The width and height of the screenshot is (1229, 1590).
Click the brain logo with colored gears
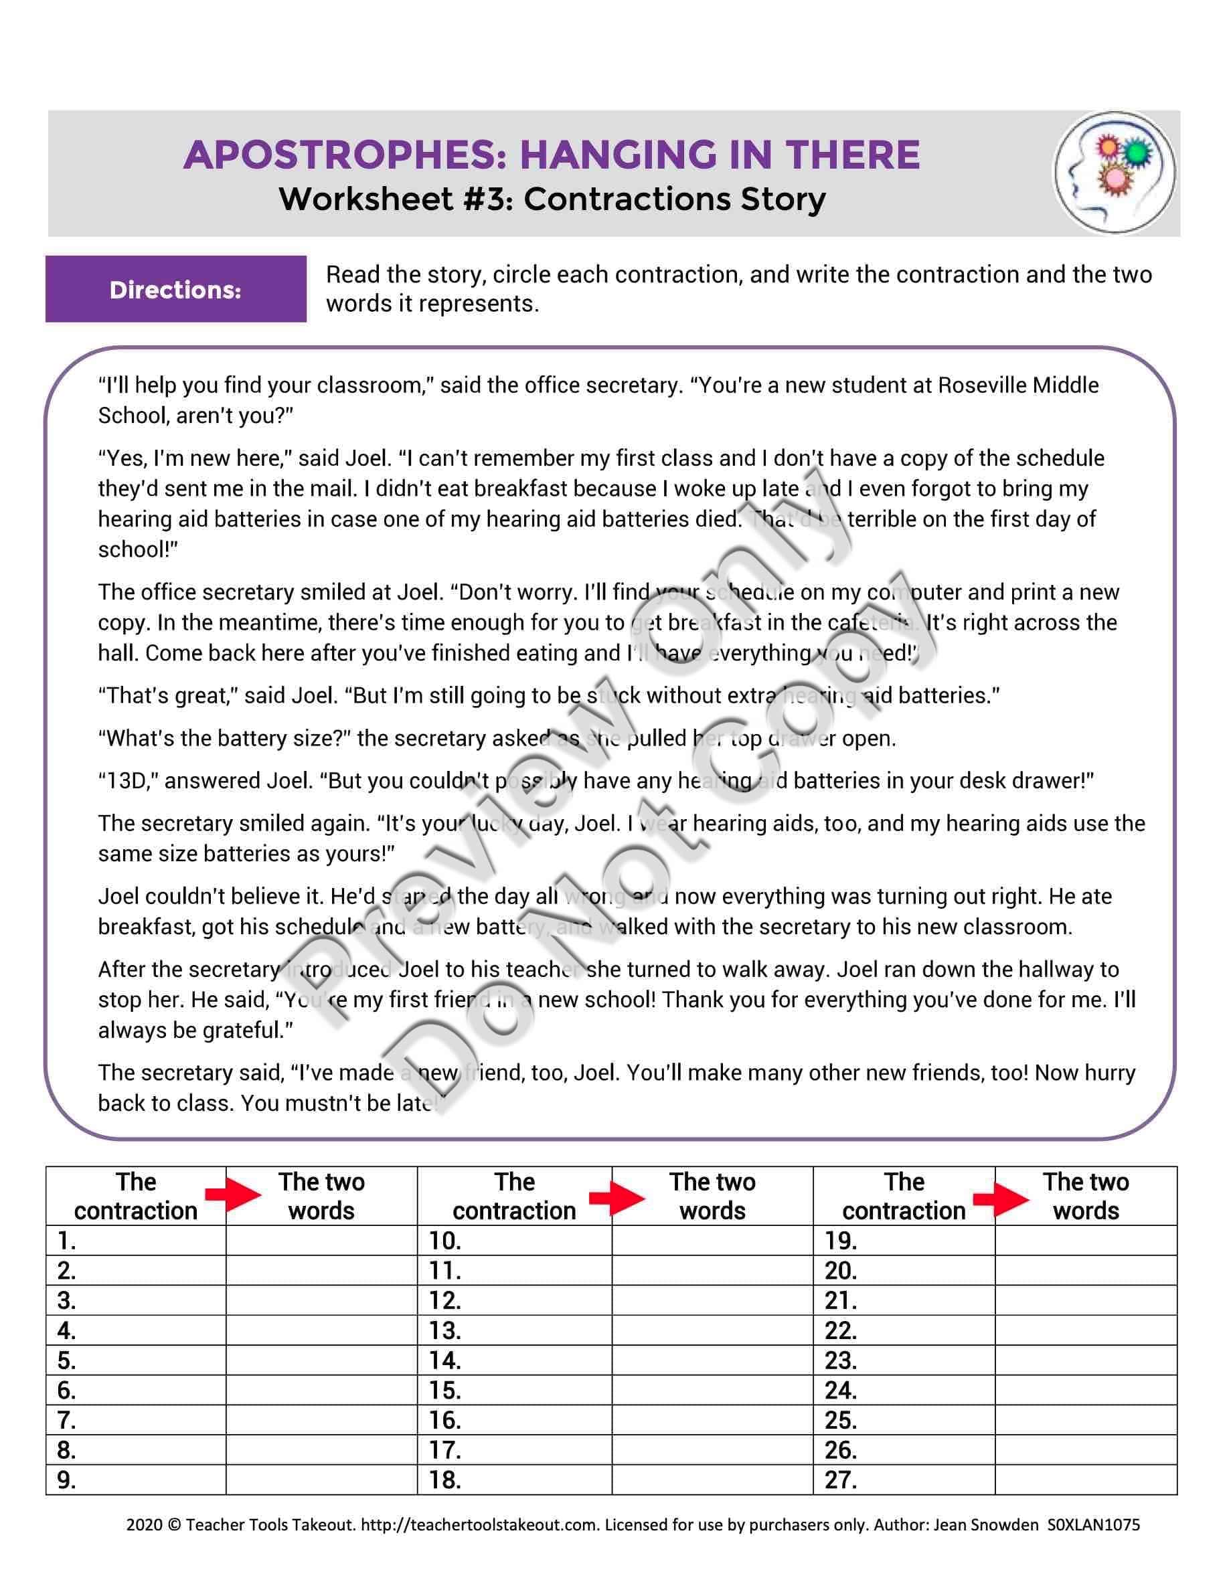pos(1115,173)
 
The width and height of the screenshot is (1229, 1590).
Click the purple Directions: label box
pos(175,289)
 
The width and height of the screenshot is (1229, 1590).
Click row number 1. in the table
pos(67,1241)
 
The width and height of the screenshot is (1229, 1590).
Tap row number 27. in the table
pos(840,1480)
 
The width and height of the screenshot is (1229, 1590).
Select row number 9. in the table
pos(67,1480)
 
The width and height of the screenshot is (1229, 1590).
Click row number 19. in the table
pos(840,1241)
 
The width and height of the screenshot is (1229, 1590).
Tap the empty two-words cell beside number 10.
pos(712,1241)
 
